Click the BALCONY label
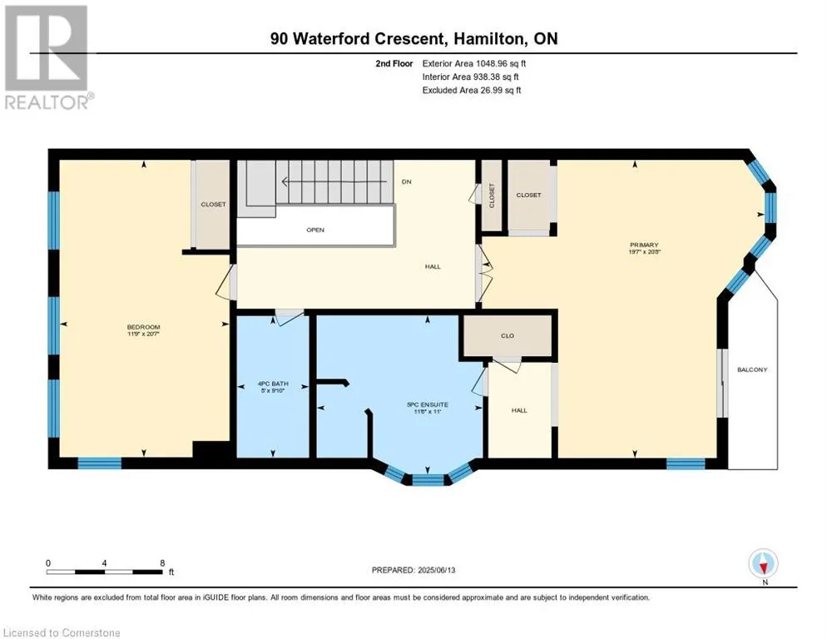pyautogui.click(x=752, y=370)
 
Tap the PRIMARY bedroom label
pyautogui.click(x=644, y=245)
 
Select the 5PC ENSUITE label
pyautogui.click(x=428, y=404)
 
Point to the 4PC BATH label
pyautogui.click(x=273, y=384)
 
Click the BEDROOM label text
pyautogui.click(x=143, y=327)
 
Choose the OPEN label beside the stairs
pyautogui.click(x=315, y=230)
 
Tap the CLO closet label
pyautogui.click(x=508, y=335)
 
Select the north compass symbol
pyautogui.click(x=763, y=563)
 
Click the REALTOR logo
pyautogui.click(x=47, y=57)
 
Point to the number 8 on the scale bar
pyautogui.click(x=162, y=563)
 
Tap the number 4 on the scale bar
pyautogui.click(x=105, y=563)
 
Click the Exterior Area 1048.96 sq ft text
pyautogui.click(x=474, y=63)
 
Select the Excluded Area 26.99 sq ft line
pyautogui.click(x=472, y=90)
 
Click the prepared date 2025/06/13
pyautogui.click(x=436, y=570)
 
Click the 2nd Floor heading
pyautogui.click(x=394, y=63)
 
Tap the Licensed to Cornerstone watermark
pyautogui.click(x=62, y=632)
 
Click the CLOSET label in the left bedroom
pyautogui.click(x=213, y=204)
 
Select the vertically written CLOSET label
pyautogui.click(x=492, y=196)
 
